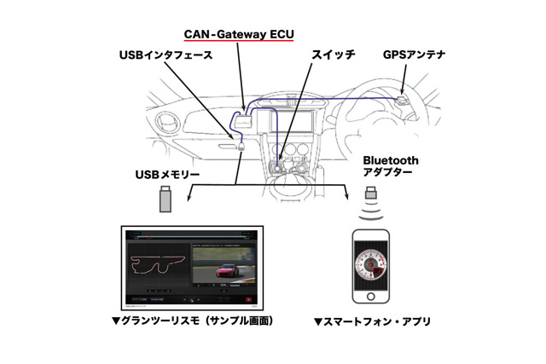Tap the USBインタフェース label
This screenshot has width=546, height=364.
[x=166, y=55]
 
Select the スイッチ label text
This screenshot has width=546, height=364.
[x=332, y=55]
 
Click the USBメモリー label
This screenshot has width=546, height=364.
[x=167, y=175]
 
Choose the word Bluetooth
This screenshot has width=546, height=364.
[x=391, y=159]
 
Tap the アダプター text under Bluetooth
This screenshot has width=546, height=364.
[x=387, y=172]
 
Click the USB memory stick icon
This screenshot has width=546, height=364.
[x=166, y=201]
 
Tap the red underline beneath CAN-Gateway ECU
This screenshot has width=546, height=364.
[x=240, y=42]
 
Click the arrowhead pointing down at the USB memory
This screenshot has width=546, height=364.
[x=192, y=197]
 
